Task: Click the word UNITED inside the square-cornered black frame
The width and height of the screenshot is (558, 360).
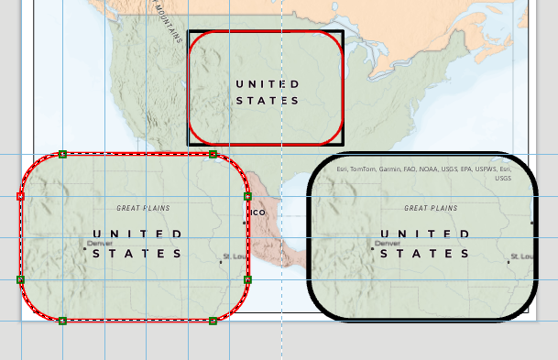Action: [267, 83]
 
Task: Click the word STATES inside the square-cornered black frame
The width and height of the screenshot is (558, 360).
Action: [267, 101]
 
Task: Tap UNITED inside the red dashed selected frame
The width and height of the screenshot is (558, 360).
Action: [137, 235]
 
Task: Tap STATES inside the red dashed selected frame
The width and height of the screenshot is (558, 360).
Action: [137, 253]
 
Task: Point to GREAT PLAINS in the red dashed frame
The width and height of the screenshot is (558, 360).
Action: [143, 209]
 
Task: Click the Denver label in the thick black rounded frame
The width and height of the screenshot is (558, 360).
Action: [388, 243]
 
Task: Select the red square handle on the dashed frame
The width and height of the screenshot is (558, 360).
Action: [20, 196]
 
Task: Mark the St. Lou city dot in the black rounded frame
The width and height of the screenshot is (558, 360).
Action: [509, 263]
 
